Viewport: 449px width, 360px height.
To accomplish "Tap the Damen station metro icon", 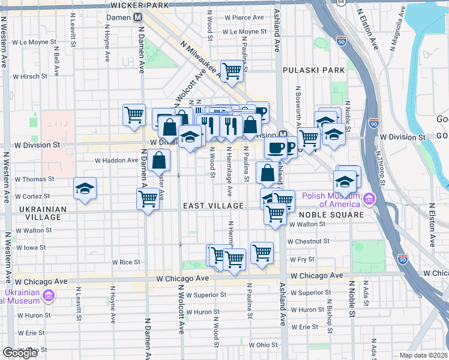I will [138, 19].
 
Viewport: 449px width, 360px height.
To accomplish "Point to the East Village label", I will [214, 206].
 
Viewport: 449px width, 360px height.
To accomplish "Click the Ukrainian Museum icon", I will [49, 295].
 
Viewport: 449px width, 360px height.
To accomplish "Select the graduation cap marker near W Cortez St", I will [85, 188].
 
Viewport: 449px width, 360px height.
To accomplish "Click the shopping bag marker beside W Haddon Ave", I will [159, 160].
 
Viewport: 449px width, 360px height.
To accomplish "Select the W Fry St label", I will [298, 260].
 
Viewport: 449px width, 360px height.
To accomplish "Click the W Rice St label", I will [126, 262].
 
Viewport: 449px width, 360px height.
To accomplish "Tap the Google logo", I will [20, 353].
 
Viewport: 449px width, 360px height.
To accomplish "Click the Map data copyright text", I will [423, 355].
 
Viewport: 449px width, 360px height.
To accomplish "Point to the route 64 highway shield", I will [341, 2].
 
